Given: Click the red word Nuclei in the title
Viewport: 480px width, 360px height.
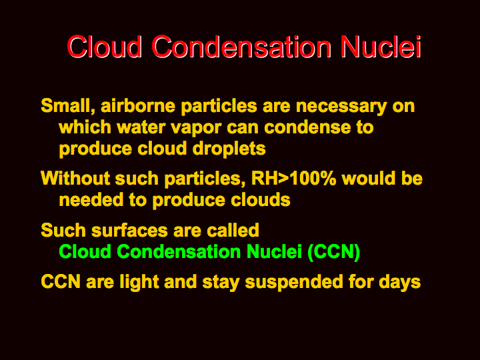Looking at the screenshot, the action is point(381,47).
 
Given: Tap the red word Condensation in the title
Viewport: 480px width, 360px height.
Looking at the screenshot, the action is point(241,47).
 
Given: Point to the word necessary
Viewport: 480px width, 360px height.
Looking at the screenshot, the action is point(341,107).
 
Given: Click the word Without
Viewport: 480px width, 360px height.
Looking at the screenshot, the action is point(75,178).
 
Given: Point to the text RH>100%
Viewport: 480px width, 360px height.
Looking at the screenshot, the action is point(293,179).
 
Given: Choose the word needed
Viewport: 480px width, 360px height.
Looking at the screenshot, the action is point(91,199).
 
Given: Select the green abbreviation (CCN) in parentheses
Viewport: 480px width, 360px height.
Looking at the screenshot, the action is point(334,252).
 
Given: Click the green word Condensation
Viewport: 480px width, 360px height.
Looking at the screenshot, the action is point(179,251).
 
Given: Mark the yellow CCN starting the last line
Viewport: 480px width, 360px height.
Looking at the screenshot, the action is point(61,281).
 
